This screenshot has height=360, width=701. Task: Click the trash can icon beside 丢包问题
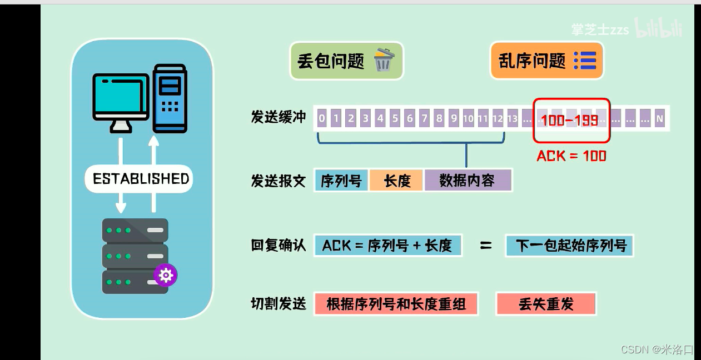(x=382, y=60)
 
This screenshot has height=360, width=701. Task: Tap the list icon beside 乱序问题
(x=584, y=60)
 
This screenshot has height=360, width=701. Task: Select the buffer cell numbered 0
(x=321, y=118)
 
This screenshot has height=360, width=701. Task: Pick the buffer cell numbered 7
(x=424, y=118)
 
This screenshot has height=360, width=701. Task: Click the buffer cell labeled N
(x=659, y=118)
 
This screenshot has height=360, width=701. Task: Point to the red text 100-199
(x=569, y=120)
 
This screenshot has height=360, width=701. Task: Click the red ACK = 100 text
(x=571, y=156)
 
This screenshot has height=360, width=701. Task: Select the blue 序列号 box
(x=341, y=181)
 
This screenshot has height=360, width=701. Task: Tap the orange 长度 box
(x=396, y=181)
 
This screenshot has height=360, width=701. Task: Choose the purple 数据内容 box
(x=467, y=181)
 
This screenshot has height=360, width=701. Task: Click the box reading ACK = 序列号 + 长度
(x=387, y=245)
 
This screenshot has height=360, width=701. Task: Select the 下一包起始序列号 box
(x=569, y=245)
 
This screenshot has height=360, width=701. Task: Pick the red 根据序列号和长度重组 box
(x=396, y=304)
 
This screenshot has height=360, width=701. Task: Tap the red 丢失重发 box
(x=545, y=304)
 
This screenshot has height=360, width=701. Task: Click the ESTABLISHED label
(x=141, y=179)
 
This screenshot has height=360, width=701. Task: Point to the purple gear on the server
(x=166, y=275)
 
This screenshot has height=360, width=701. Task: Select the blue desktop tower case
(x=170, y=98)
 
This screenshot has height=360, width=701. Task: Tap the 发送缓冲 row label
(x=279, y=117)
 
